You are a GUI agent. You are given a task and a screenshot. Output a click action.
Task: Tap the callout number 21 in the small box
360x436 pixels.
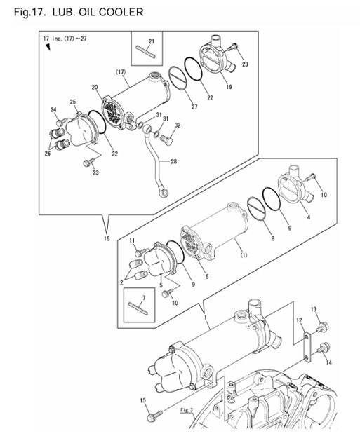[x=151, y=42]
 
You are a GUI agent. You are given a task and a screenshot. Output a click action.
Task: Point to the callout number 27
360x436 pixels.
[x=194, y=107]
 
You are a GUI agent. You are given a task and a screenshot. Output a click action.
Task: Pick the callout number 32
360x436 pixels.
[x=178, y=125]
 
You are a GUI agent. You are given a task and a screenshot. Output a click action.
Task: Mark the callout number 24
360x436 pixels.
[x=53, y=109]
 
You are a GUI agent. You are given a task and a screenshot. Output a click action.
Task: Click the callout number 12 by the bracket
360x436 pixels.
[x=300, y=320]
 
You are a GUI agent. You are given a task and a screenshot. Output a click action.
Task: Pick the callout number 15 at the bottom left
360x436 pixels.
[x=143, y=400]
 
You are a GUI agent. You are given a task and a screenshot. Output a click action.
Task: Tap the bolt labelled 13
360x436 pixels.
[x=322, y=326]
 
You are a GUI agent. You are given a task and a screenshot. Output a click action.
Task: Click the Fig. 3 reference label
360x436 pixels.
[x=186, y=409]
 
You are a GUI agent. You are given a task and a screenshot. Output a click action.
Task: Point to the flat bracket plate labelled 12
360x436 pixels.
[x=307, y=348]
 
